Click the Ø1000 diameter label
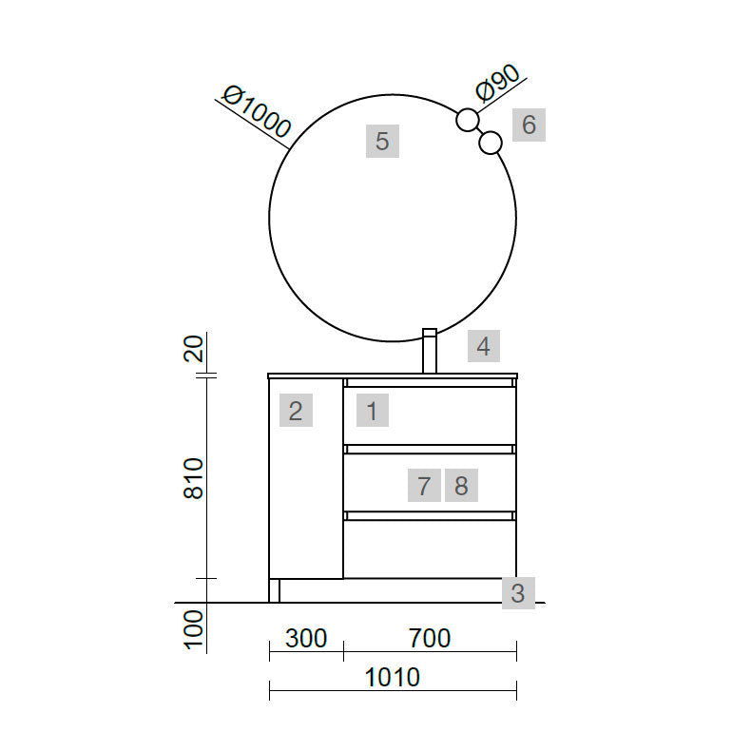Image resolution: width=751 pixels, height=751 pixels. pos(258,112)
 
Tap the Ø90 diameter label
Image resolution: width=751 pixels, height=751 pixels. pos(497,83)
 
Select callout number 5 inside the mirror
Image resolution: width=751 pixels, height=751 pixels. pos(382,142)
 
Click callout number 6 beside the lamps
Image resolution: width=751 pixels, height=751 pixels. pos(529,125)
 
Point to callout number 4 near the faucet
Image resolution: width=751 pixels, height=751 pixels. pos(484,346)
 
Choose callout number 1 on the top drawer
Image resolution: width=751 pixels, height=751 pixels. pos(372,411)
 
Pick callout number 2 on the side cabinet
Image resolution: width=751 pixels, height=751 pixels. pos(296,411)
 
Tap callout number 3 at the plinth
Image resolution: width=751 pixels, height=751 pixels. pos(518,593)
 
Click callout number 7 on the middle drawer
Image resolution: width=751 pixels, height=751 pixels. pos(424,486)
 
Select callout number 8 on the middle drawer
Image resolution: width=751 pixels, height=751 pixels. pos(461,486)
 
